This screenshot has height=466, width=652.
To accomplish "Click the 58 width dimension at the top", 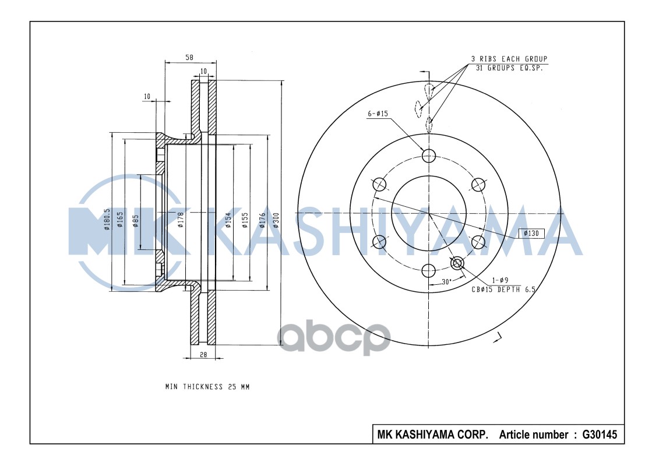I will pyautogui.click(x=189, y=57).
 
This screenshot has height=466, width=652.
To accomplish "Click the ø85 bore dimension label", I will pyautogui.click(x=135, y=220).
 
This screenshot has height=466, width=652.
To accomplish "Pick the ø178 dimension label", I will pyautogui.click(x=181, y=220).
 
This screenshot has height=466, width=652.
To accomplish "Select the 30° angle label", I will pyautogui.click(x=446, y=281).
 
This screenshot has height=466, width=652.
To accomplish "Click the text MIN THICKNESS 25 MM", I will pyautogui.click(x=207, y=387).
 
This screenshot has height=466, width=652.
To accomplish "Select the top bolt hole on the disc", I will pyautogui.click(x=429, y=155).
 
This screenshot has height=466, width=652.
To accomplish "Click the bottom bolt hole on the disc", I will pyautogui.click(x=429, y=270).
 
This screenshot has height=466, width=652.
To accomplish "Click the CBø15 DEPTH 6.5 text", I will pyautogui.click(x=503, y=288).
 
